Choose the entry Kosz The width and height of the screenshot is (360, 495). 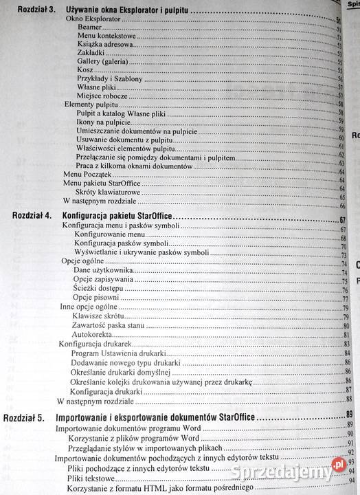click(85, 70)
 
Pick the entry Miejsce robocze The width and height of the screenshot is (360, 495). click(100, 96)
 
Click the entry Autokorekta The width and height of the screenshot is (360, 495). click(92, 333)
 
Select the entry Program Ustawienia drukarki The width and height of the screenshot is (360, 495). click(114, 353)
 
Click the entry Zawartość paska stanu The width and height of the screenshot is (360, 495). click(106, 325)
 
